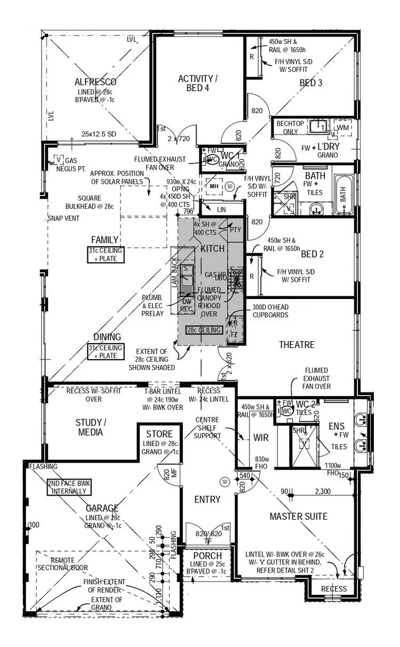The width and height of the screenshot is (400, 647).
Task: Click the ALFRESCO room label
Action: [95, 82]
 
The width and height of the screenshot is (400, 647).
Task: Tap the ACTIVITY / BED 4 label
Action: [197, 83]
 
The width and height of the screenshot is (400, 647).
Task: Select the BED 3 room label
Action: [310, 83]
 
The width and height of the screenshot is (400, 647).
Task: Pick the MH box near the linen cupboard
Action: [214, 187]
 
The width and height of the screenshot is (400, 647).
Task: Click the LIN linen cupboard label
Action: [221, 210]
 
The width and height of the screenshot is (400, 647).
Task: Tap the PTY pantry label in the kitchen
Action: [235, 230]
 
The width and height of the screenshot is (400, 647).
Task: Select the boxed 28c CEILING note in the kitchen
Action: [204, 330]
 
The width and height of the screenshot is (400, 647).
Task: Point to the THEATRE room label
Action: [297, 345]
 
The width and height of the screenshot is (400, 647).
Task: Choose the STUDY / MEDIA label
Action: [91, 427]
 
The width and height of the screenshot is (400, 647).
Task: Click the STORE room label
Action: [159, 433]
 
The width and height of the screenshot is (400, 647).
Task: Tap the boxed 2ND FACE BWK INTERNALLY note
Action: [67, 487]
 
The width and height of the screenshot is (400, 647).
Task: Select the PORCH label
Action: [207, 556]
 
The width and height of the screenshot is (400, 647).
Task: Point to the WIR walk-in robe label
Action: [261, 438]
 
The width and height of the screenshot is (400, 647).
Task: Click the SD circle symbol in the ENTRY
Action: [225, 482]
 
